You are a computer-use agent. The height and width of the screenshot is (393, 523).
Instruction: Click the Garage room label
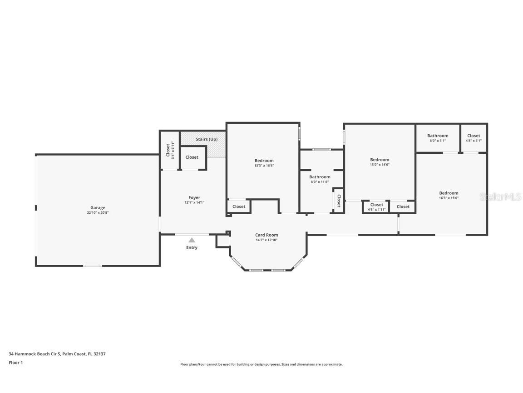click(98, 208)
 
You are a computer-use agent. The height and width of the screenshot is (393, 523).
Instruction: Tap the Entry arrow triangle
click(192, 240)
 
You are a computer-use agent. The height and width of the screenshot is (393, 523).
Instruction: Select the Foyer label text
click(194, 198)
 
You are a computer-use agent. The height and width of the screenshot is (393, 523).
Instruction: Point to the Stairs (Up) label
click(207, 139)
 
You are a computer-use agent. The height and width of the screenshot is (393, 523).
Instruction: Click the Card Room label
click(266, 235)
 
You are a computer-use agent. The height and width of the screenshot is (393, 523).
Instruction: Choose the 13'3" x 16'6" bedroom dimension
click(264, 166)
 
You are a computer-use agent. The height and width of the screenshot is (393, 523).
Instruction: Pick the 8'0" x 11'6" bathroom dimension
click(320, 182)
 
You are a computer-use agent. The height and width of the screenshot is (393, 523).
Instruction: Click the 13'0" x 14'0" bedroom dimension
click(380, 165)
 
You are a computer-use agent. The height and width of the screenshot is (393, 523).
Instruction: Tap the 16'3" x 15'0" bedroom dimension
click(449, 198)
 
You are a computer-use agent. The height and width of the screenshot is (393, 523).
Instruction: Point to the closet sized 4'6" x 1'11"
click(376, 210)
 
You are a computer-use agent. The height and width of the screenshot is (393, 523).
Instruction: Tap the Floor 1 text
click(15, 363)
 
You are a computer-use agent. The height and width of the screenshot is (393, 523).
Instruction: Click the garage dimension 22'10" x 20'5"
click(98, 213)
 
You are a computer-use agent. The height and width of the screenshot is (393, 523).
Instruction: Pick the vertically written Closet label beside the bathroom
click(339, 201)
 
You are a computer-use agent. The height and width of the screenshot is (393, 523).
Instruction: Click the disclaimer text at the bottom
click(261, 364)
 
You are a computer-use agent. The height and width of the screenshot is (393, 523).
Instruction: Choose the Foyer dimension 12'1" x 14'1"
click(194, 203)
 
